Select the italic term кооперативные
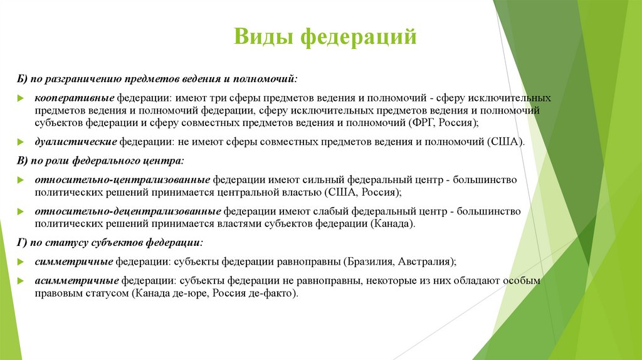[74, 99]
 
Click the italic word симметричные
[73, 261]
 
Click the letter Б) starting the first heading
[23, 80]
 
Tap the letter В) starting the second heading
[23, 161]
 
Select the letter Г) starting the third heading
[23, 242]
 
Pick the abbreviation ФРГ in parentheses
[423, 122]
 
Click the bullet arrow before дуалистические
[21, 142]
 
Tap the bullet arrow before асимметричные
[21, 280]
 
